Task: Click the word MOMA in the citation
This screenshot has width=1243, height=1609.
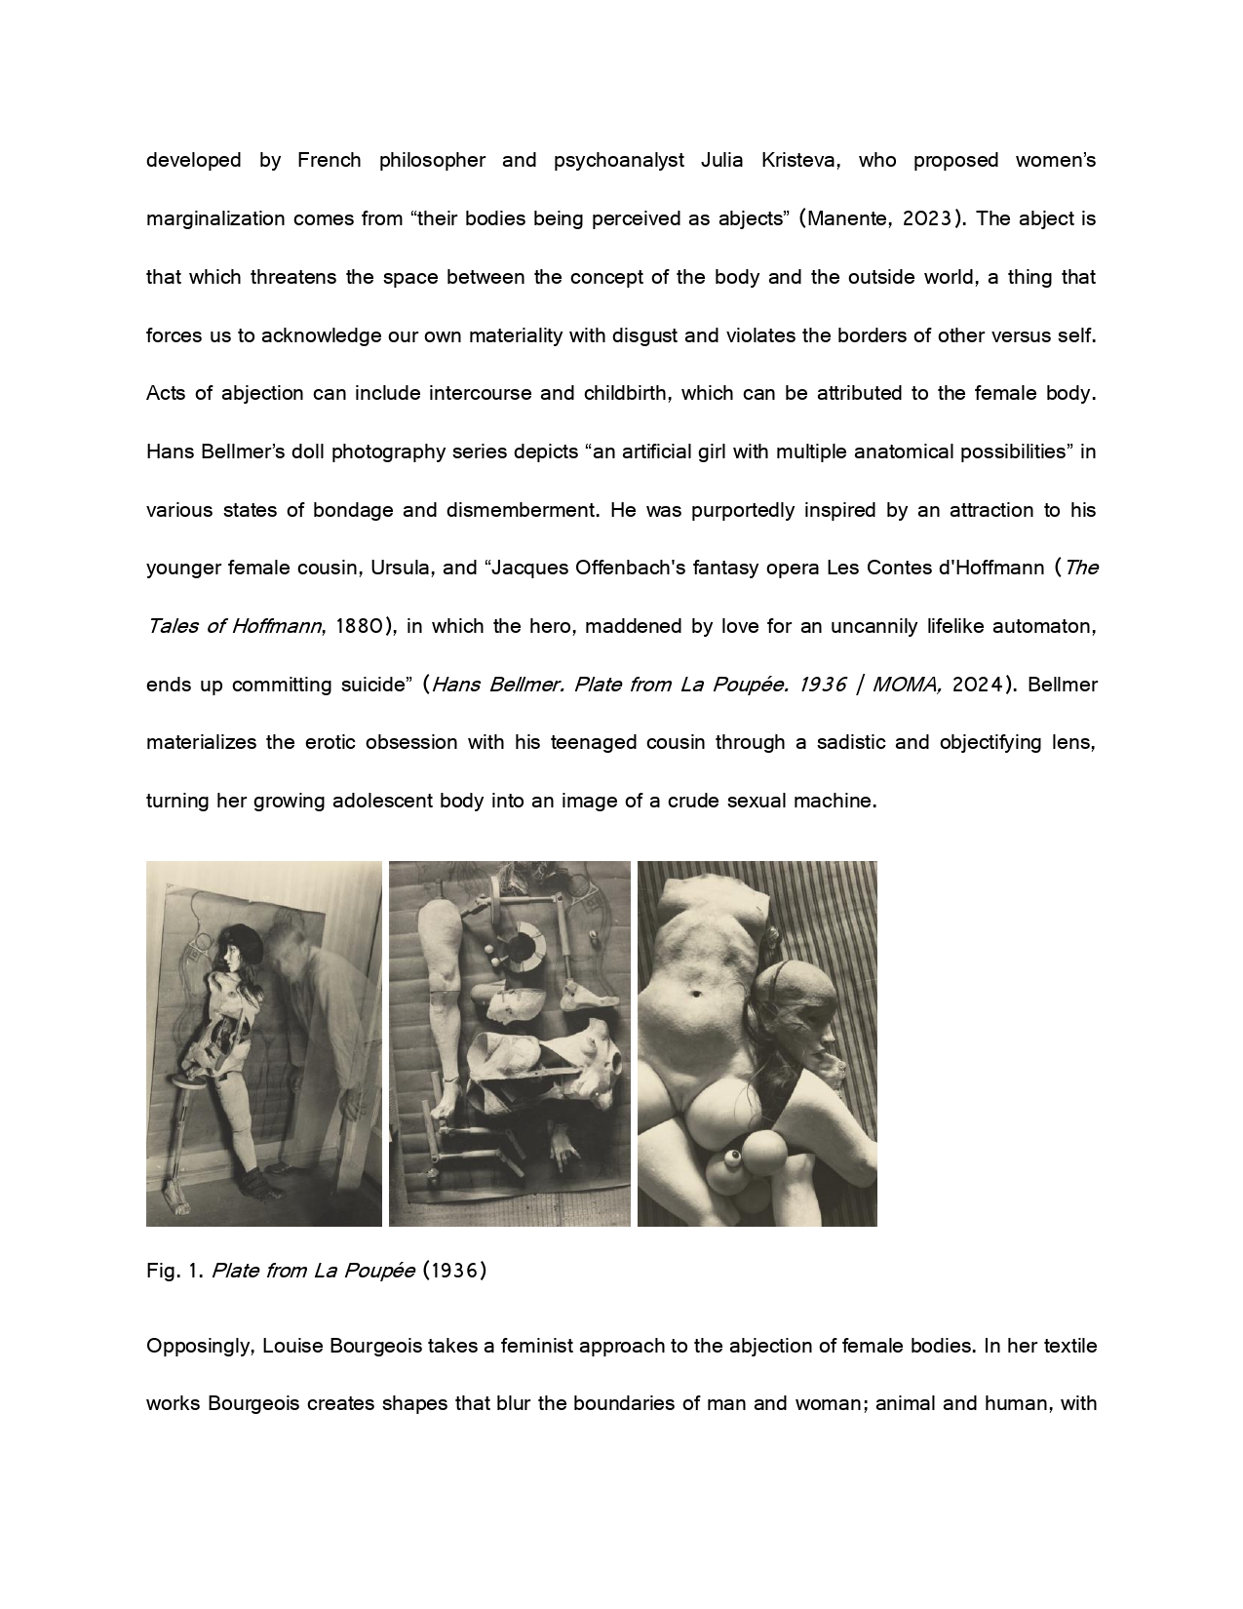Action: tap(906, 685)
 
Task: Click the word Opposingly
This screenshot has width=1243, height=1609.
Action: tap(201, 1347)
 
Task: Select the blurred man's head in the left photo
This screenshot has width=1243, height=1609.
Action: tap(292, 951)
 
